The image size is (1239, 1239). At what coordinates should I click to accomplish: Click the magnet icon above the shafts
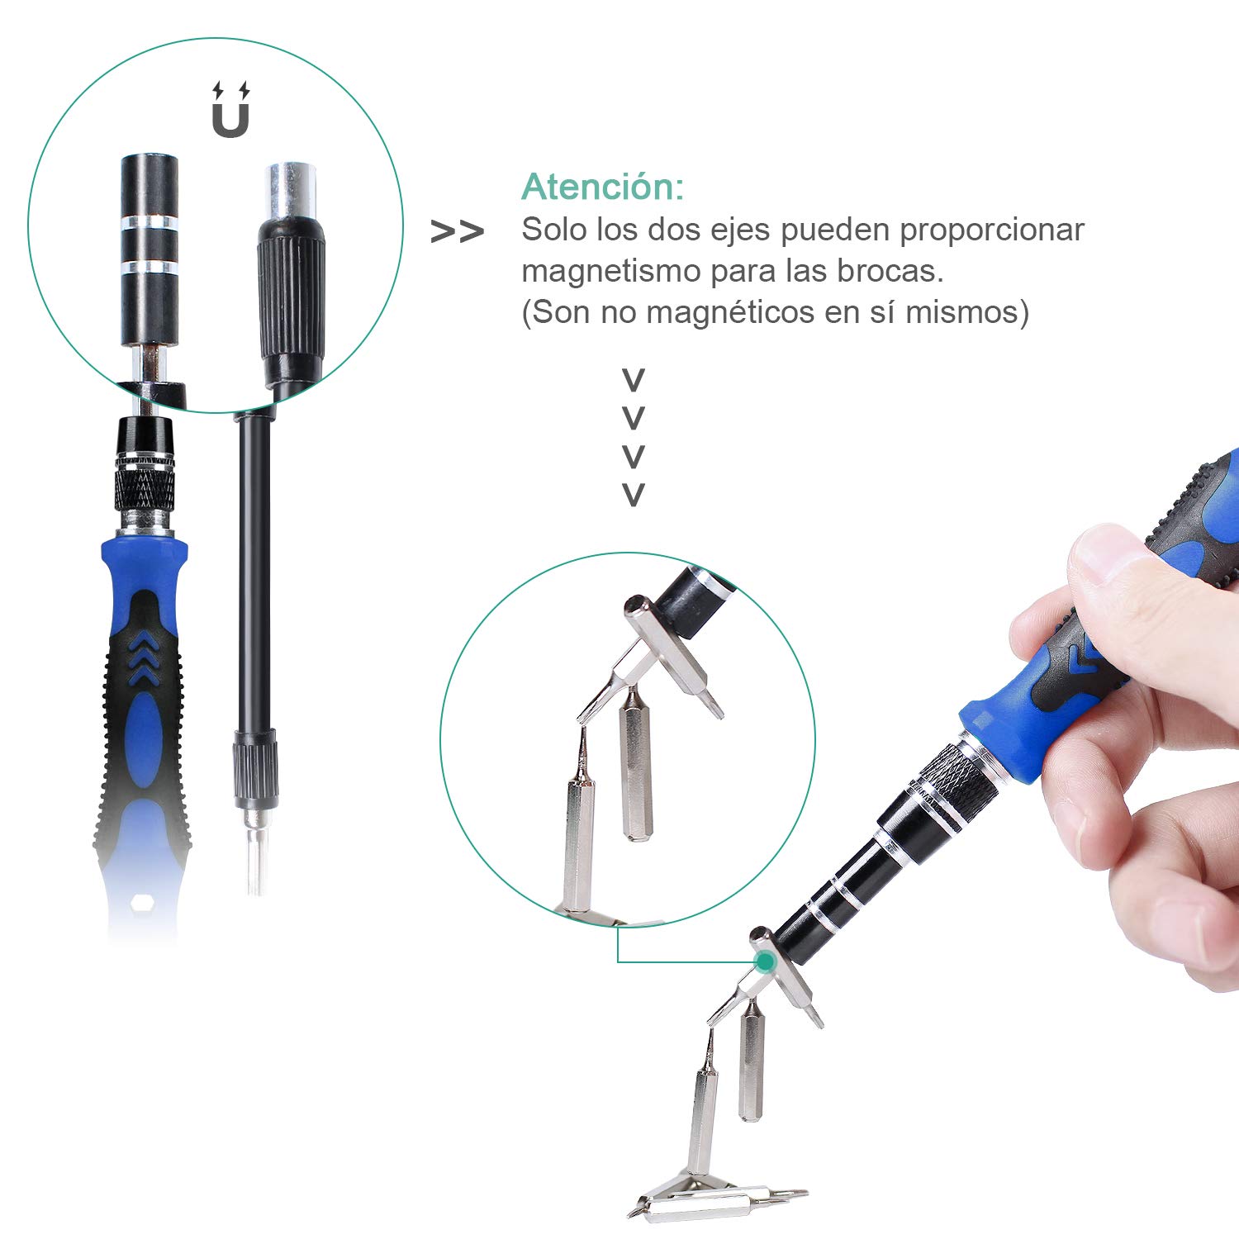pos(230,112)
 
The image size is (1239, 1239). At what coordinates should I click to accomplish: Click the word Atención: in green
pos(602,187)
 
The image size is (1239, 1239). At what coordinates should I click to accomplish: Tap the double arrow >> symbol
pos(457,232)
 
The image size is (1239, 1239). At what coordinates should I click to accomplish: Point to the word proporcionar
pos(991,230)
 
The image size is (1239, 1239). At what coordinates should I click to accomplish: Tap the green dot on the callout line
pos(766,961)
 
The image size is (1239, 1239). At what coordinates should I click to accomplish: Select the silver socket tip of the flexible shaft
pos(290,190)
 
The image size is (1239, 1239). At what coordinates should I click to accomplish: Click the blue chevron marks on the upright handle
pos(145,657)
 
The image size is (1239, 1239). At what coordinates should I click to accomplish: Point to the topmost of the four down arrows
pos(633,381)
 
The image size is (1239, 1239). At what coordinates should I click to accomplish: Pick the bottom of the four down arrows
pos(633,495)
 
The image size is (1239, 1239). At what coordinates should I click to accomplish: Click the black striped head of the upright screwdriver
pos(150,248)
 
